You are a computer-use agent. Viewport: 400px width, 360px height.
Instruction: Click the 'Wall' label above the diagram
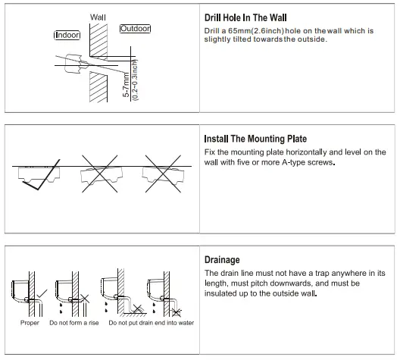tap(98, 17)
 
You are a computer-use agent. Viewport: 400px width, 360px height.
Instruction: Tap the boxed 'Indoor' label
tap(67, 35)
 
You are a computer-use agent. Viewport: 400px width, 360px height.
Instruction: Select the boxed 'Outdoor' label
tap(135, 29)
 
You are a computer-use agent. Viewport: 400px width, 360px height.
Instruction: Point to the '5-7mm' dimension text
tap(126, 85)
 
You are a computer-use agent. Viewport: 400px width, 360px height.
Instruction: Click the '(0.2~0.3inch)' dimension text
tap(135, 80)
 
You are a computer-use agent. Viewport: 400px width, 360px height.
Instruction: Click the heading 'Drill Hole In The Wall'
tap(245, 17)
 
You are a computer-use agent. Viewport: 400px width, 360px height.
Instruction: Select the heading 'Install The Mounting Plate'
tap(255, 139)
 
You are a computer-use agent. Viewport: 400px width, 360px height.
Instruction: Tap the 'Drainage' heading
tap(222, 260)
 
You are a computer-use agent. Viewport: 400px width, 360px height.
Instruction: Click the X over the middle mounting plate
tap(100, 174)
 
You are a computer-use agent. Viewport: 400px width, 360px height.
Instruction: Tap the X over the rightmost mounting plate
tap(163, 174)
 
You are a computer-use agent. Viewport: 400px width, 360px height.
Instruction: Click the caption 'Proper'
tap(30, 323)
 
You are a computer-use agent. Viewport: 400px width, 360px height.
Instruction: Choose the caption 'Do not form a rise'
tap(74, 323)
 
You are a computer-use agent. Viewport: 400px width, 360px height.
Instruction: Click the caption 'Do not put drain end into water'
tap(152, 323)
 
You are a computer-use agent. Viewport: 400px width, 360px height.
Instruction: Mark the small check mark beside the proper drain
tap(42, 293)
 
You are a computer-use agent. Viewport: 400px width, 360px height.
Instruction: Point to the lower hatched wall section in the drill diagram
tap(98, 86)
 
